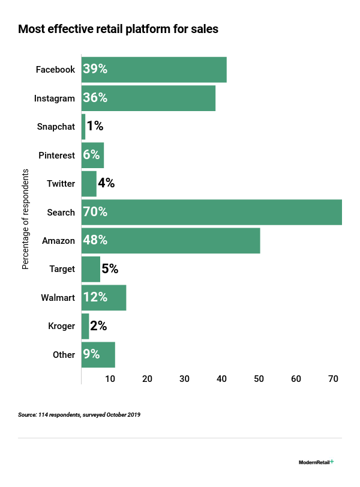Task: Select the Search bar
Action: (211, 212)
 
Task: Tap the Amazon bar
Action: (170, 240)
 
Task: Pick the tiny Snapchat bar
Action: (83, 126)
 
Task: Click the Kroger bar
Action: (85, 326)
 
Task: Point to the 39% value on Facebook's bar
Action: (95, 69)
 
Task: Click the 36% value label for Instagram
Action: (95, 98)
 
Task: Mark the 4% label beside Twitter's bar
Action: (106, 183)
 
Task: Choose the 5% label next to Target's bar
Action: (110, 269)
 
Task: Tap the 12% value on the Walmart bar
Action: (96, 297)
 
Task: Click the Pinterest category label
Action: (57, 156)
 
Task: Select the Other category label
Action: (64, 355)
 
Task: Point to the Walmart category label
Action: (58, 298)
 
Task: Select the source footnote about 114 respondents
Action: (79, 415)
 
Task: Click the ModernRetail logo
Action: (316, 462)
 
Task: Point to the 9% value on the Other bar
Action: (92, 354)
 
